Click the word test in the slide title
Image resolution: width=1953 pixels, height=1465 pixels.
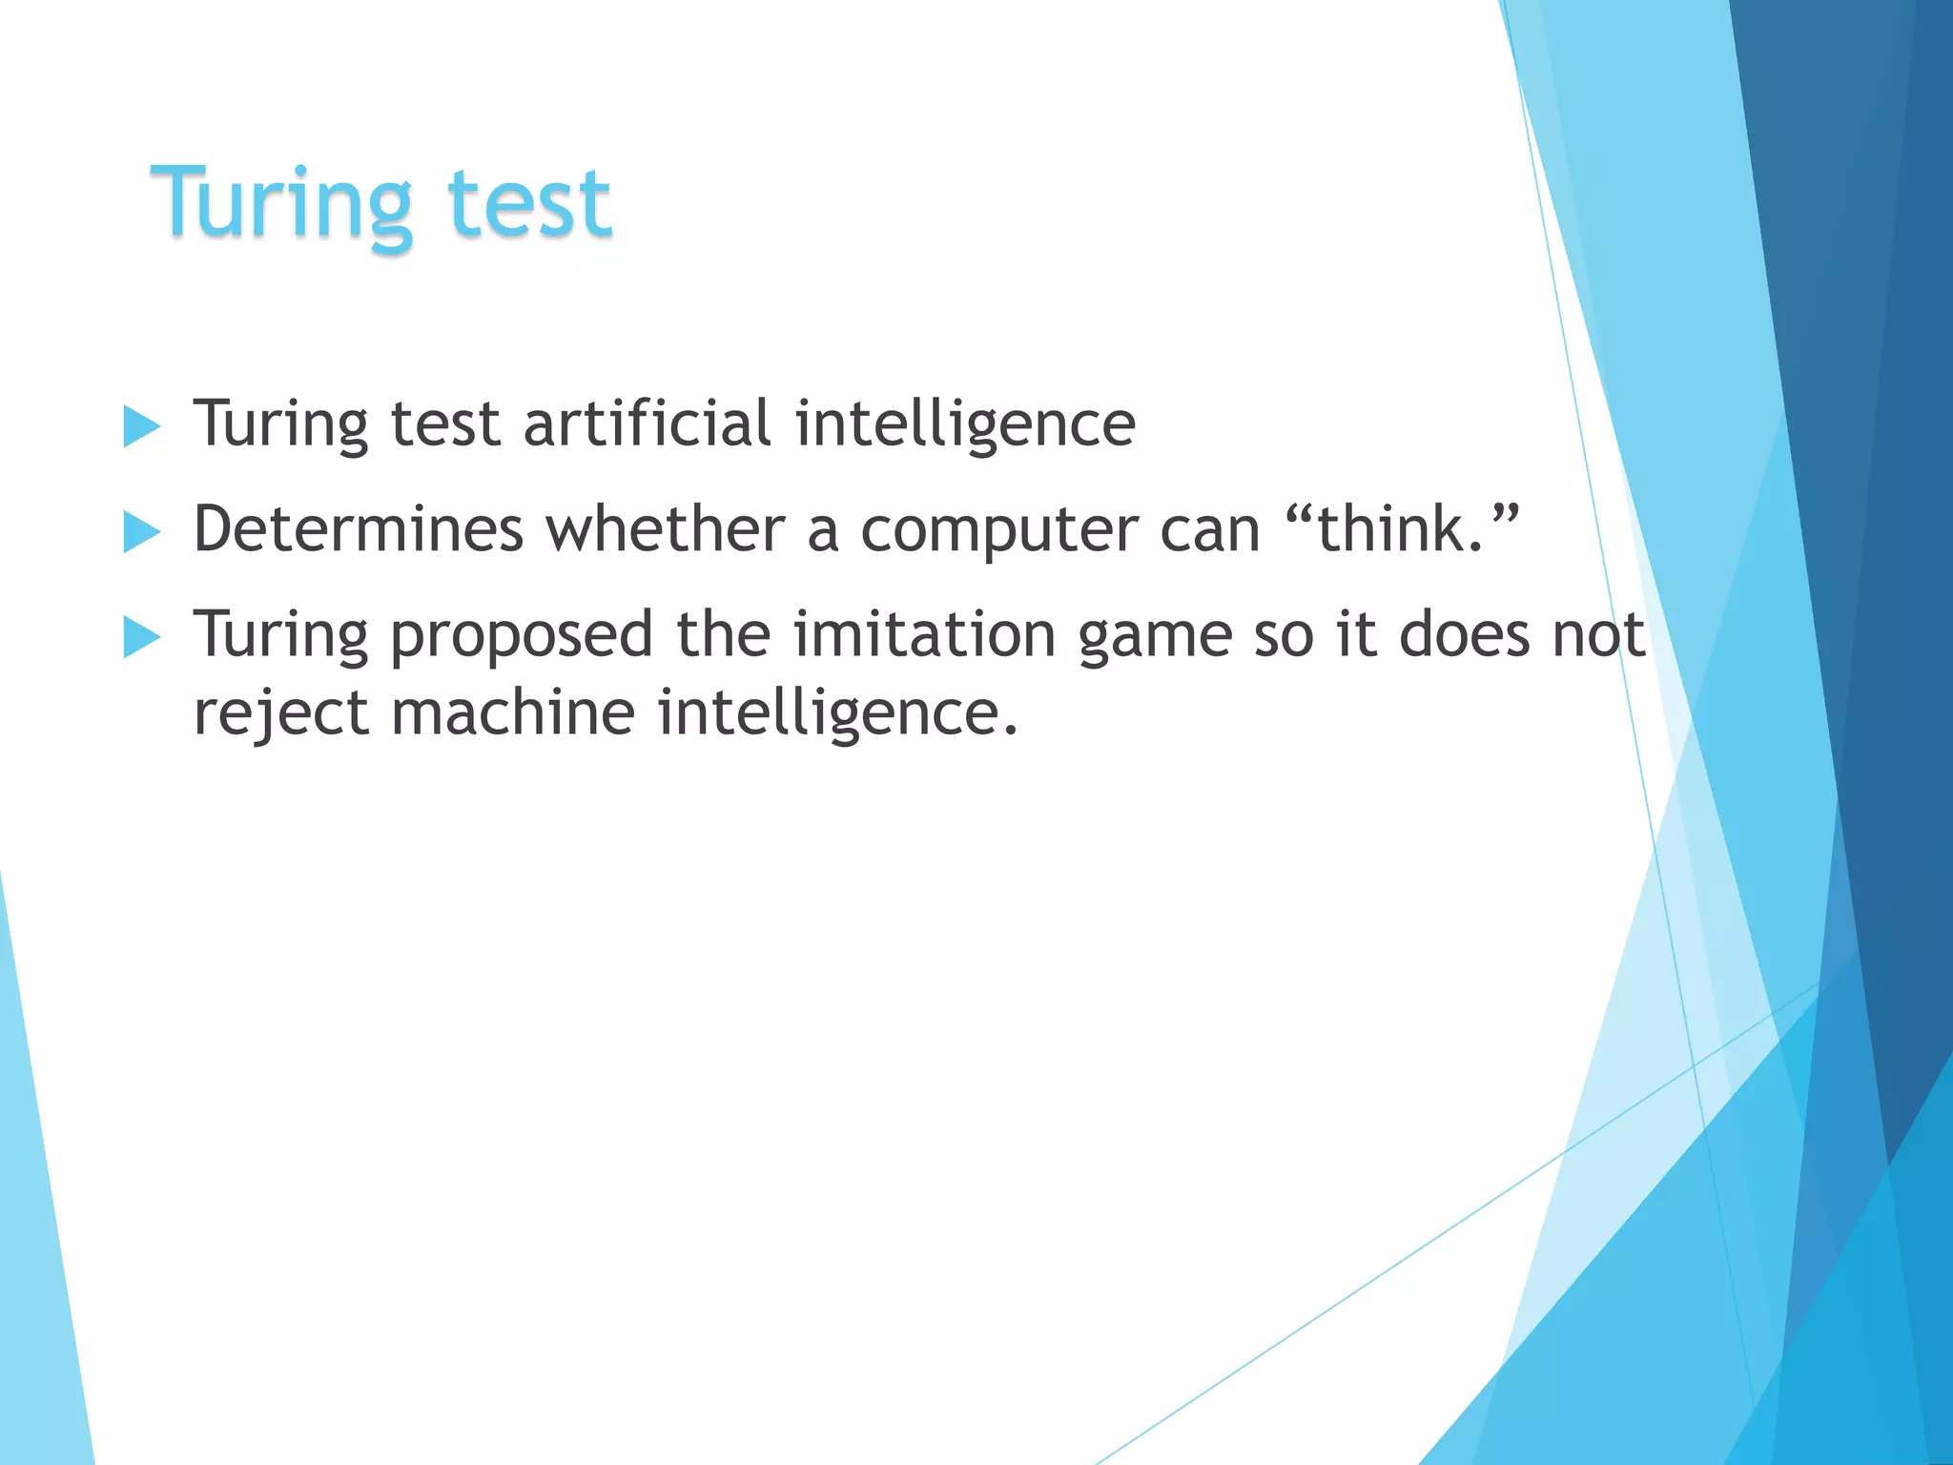[528, 202]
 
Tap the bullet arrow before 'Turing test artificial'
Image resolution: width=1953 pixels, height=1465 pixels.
[141, 426]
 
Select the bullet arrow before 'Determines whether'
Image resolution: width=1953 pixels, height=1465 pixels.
[141, 532]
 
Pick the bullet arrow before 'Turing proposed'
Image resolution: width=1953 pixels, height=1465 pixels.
[141, 637]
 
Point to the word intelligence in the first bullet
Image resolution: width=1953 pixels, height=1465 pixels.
[965, 425]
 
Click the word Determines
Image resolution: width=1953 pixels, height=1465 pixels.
[359, 529]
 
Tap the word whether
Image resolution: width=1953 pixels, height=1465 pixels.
[665, 529]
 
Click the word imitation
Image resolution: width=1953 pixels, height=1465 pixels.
[924, 634]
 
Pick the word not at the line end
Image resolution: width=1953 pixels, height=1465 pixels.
[1598, 635]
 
